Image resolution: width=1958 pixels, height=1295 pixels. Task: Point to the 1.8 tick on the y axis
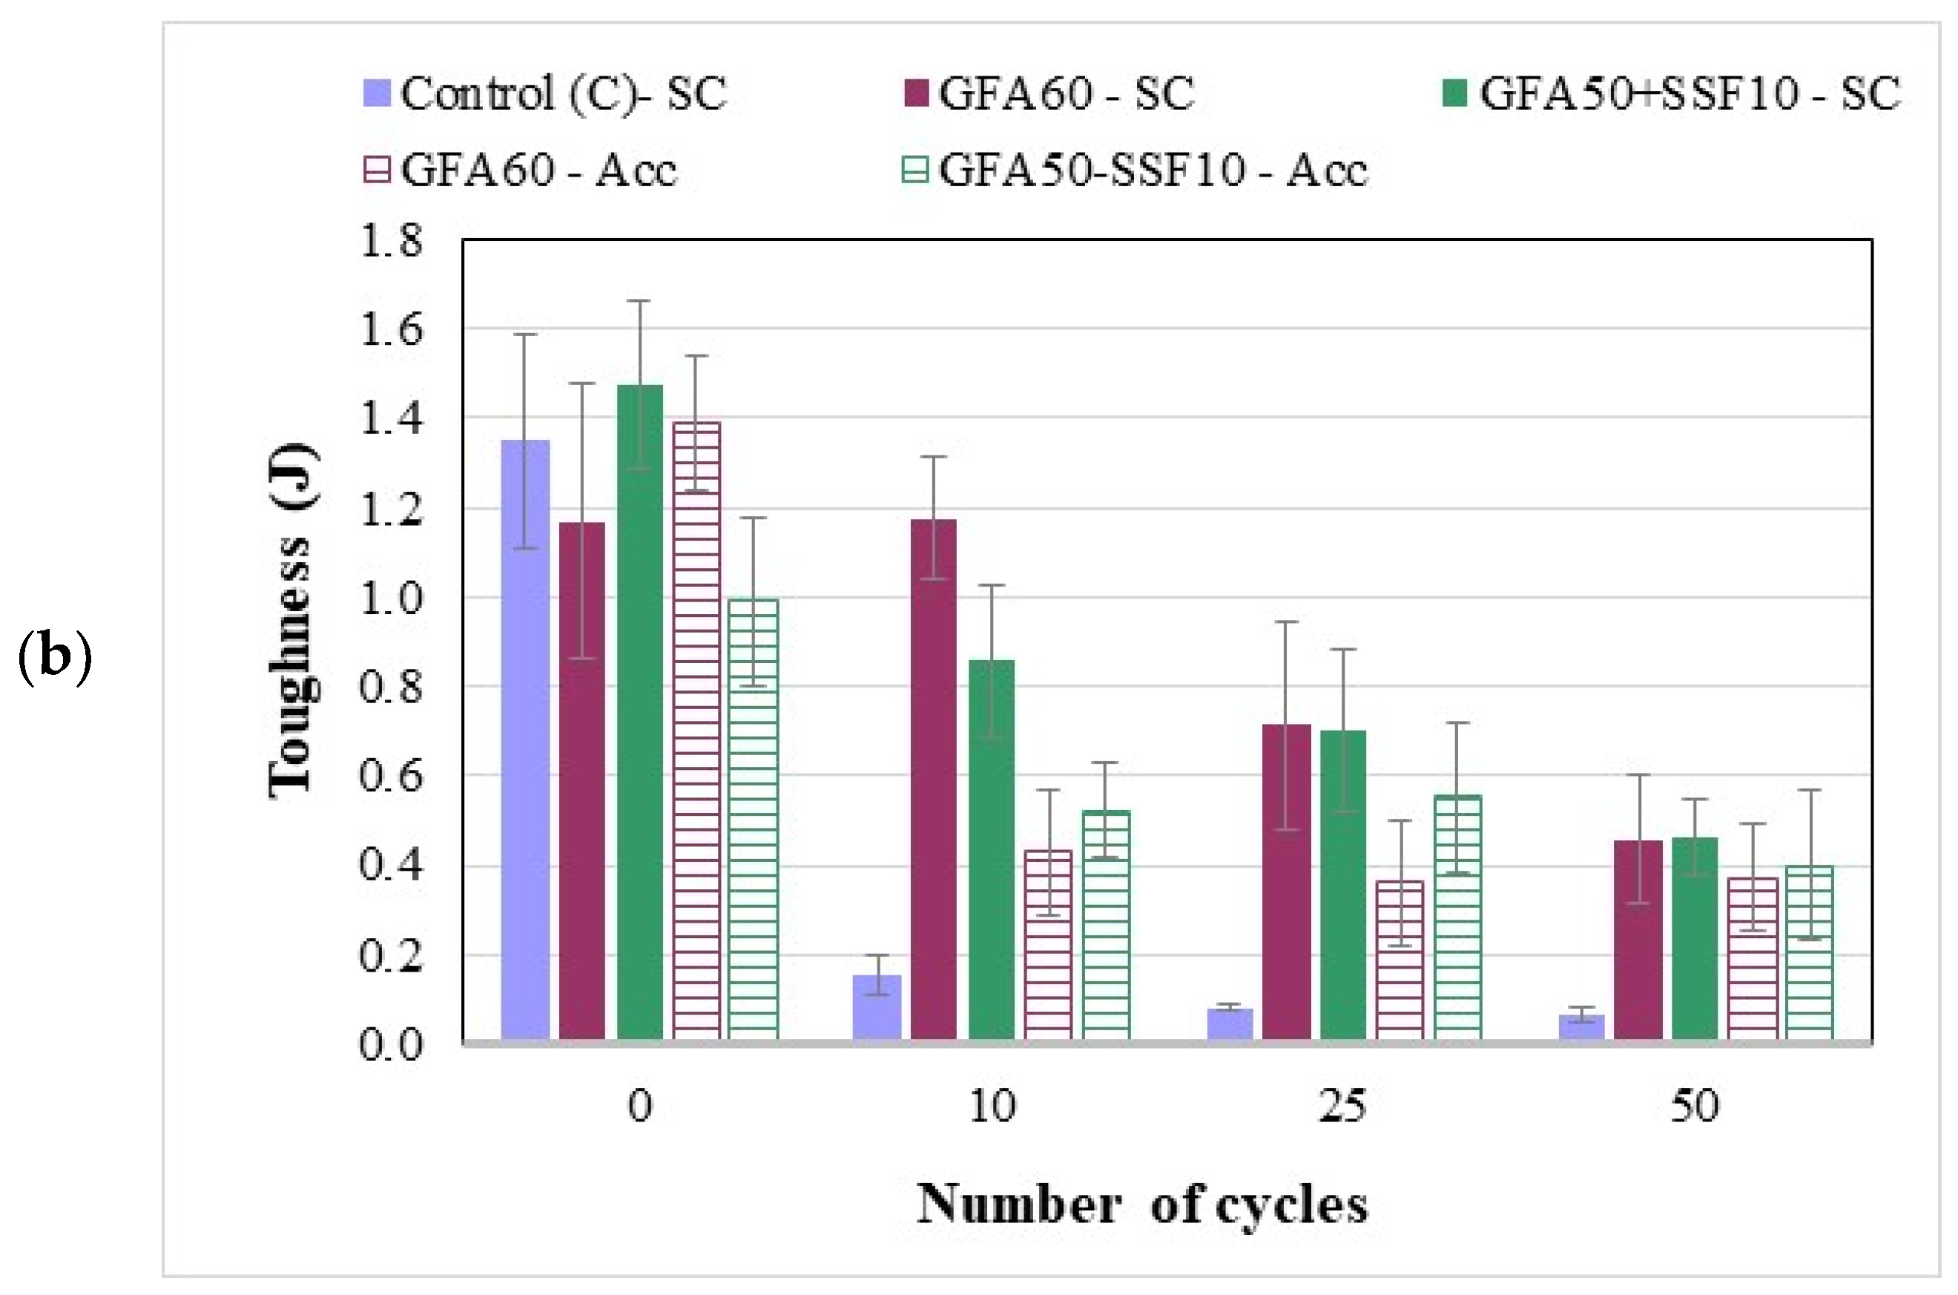[x=391, y=241]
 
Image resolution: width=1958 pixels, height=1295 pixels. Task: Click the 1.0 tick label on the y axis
[x=391, y=598]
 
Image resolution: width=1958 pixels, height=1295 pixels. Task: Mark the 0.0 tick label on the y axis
[x=391, y=1044]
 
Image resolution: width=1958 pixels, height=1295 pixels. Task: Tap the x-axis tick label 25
[x=1342, y=1106]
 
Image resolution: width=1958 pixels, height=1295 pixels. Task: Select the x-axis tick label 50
[x=1695, y=1106]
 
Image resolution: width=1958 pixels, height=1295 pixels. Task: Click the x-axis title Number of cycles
[x=1142, y=1205]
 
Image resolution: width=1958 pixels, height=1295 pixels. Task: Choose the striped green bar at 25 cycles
[x=1457, y=917]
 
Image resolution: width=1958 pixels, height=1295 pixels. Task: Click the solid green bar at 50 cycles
[x=1695, y=938]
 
